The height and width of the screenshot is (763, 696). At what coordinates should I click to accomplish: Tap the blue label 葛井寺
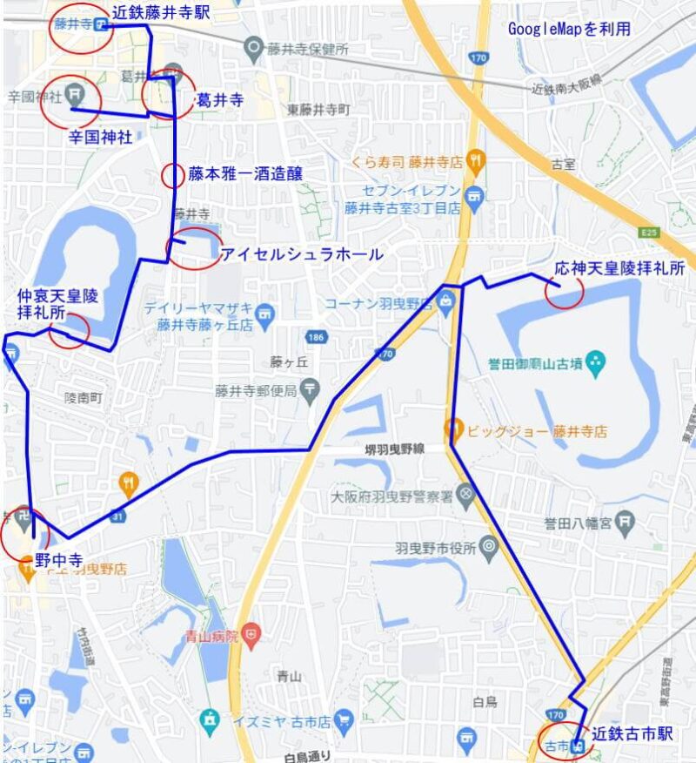[219, 101]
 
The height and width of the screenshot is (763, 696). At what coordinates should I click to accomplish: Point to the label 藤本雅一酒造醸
[245, 174]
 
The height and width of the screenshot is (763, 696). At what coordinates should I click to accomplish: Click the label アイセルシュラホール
[301, 254]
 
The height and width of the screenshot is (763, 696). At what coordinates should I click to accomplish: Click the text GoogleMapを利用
[570, 29]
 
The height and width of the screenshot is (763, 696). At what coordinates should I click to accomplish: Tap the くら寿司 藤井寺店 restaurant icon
[474, 160]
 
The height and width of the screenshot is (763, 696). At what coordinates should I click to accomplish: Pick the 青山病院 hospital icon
[251, 633]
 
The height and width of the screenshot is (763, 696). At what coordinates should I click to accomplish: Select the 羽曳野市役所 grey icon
[488, 548]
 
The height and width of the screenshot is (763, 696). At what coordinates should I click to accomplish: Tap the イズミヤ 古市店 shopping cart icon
[345, 721]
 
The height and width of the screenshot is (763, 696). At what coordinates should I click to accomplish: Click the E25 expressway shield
[647, 233]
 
